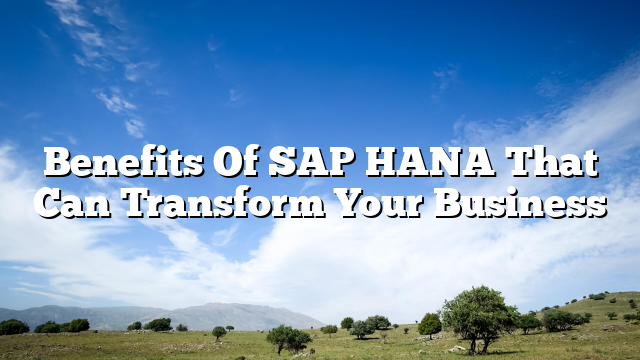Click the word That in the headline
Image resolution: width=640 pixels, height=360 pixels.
coord(551,162)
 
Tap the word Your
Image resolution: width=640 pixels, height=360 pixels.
coord(379,203)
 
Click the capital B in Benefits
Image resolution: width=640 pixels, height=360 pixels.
coord(59,162)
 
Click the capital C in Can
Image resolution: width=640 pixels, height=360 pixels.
coord(48,203)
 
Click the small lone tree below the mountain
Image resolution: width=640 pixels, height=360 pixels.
coord(218,332)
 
